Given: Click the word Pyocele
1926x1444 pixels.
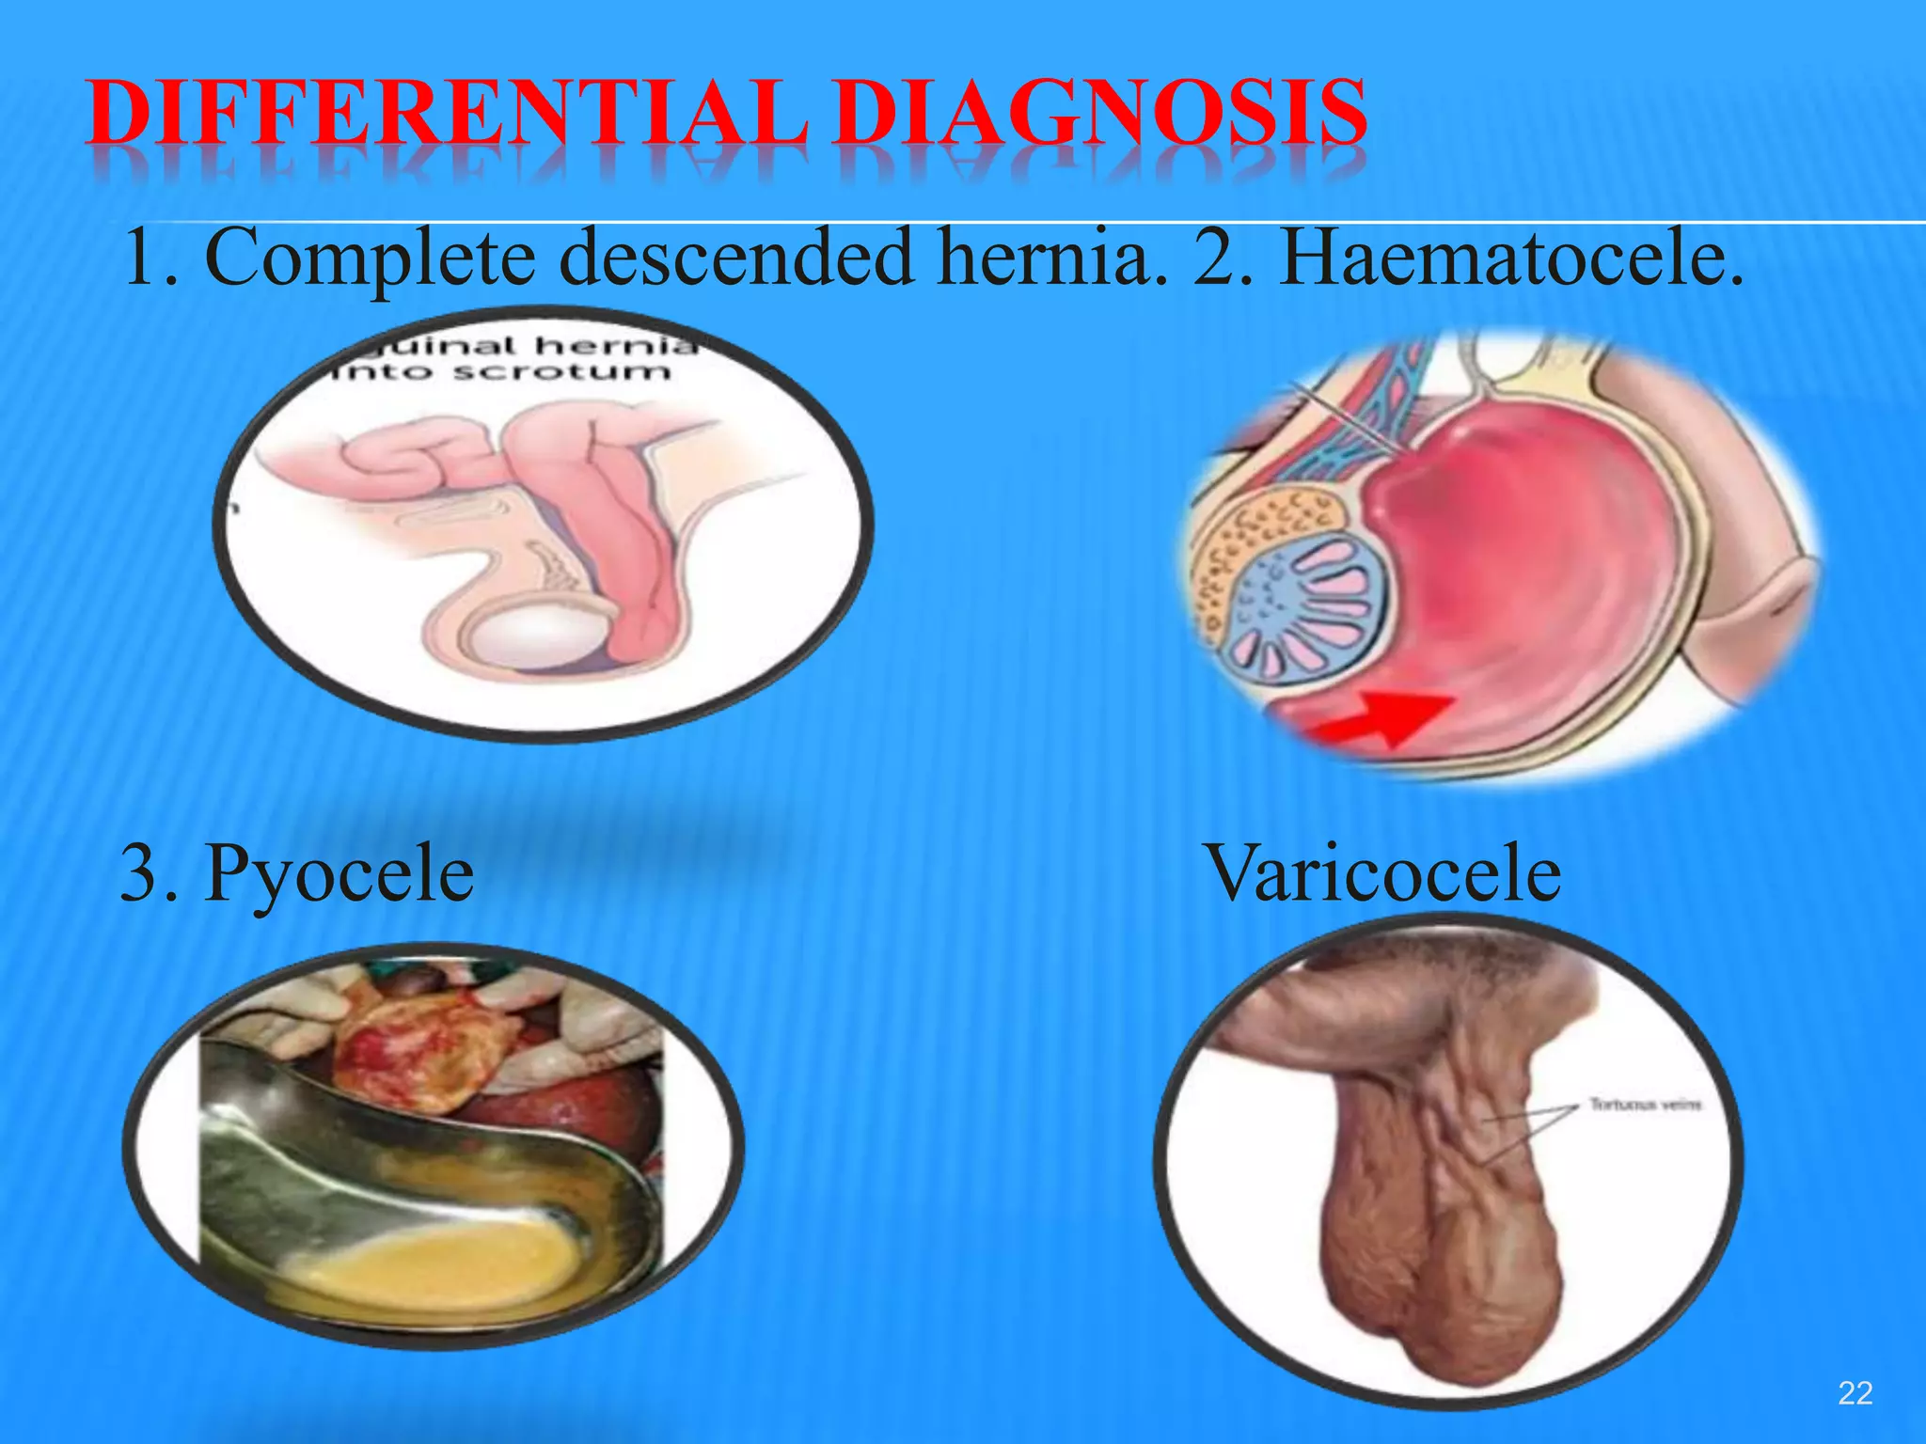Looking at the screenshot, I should point(339,874).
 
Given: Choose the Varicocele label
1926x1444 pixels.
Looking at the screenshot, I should point(1382,874).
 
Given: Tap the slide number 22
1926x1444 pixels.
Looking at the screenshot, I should point(1855,1392).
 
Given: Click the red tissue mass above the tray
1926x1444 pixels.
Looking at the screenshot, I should point(414,1053).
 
